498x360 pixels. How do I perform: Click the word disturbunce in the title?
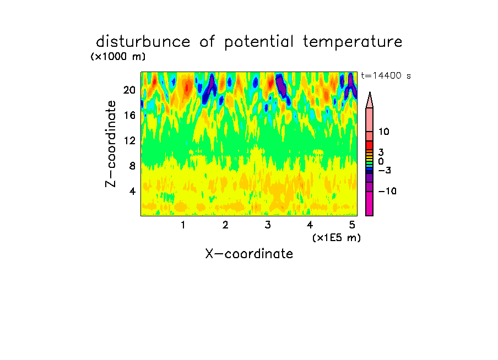(x=143, y=42)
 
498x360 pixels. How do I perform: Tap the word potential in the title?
(x=259, y=42)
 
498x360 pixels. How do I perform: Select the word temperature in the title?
(x=353, y=42)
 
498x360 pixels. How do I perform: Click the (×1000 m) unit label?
(x=118, y=57)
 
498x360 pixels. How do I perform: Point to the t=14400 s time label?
(x=386, y=75)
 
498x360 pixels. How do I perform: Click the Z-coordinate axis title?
(x=110, y=144)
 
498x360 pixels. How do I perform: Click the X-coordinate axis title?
(x=249, y=254)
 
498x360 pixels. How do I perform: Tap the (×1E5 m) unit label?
(x=337, y=238)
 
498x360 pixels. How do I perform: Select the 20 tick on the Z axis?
(x=129, y=90)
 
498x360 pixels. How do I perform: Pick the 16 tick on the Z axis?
(x=129, y=115)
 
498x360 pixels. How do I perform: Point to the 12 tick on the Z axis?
(x=129, y=140)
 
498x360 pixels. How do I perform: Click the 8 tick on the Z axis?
(x=132, y=166)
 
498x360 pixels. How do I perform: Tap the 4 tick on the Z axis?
(x=132, y=191)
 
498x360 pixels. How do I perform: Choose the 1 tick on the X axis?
(x=183, y=225)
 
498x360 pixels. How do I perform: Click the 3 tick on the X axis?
(x=268, y=225)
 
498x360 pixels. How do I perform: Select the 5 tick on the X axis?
(x=352, y=225)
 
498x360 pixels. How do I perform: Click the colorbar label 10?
(x=383, y=132)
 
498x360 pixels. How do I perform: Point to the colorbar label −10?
(x=387, y=191)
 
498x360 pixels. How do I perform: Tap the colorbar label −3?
(x=385, y=171)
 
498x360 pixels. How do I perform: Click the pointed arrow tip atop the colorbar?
(x=370, y=92)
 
